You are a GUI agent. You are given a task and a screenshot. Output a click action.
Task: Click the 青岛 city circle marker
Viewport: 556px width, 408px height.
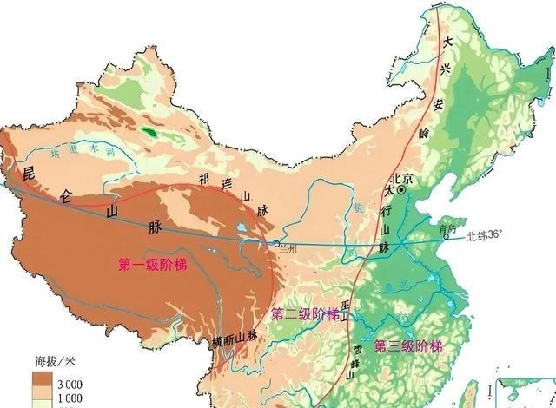(446, 236)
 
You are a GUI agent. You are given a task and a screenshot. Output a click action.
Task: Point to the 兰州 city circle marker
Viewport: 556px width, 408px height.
(276, 244)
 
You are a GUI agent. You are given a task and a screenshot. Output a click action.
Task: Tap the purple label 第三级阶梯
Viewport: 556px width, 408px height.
(407, 346)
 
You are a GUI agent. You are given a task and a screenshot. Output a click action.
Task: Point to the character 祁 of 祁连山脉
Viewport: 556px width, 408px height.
(203, 180)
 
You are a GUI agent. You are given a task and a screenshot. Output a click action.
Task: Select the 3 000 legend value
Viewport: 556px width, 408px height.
(69, 383)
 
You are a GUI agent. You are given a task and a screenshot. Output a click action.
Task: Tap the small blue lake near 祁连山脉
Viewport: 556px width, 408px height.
(240, 230)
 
